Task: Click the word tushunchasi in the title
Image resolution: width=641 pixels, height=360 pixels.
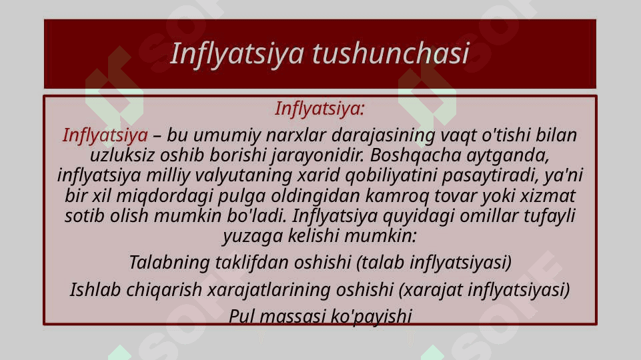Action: [x=391, y=53]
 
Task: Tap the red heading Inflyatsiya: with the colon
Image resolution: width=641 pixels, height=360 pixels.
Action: [x=319, y=109]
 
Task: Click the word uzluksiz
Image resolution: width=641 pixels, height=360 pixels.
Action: [x=122, y=155]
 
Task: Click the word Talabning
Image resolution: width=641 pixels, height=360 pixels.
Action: [x=169, y=263]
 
